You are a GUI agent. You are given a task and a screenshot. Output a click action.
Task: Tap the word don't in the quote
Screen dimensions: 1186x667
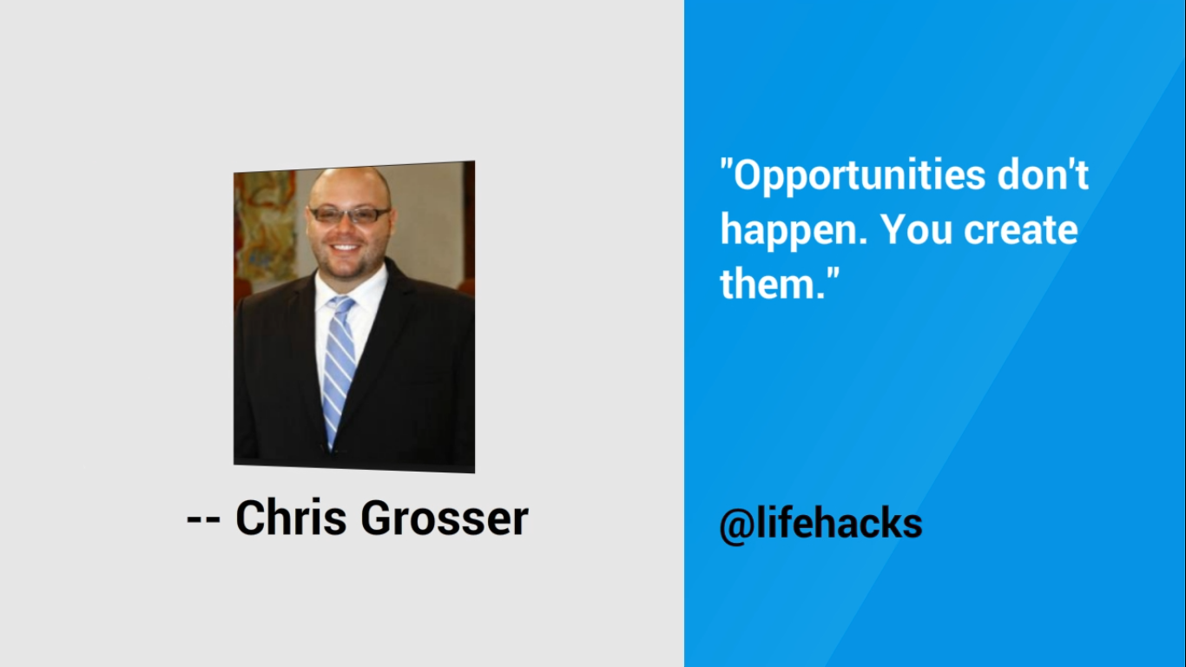(1043, 175)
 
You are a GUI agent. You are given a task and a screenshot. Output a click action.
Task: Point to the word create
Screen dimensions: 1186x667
(1021, 230)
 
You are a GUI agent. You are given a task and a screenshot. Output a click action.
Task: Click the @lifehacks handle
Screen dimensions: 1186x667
(820, 524)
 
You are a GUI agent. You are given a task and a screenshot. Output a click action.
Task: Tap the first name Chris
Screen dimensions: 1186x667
(291, 517)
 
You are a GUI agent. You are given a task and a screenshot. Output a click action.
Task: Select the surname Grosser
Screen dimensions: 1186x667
(445, 518)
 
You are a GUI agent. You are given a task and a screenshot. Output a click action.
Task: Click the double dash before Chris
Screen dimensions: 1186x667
(203, 519)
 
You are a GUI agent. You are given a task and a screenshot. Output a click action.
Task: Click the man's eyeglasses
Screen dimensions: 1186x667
(349, 215)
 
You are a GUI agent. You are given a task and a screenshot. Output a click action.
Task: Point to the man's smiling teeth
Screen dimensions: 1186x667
(345, 247)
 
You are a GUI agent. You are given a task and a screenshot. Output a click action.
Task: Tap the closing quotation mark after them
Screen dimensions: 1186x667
(833, 274)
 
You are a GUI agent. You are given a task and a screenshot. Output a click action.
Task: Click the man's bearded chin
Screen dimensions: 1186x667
(346, 268)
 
